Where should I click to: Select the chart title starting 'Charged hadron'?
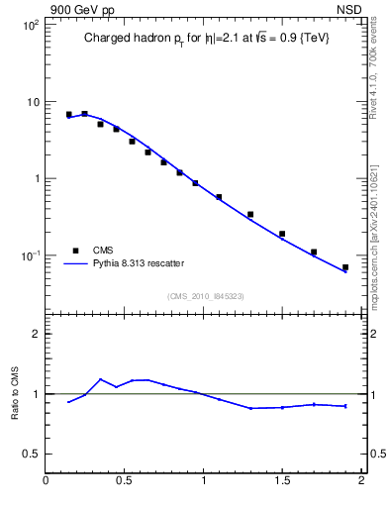206,39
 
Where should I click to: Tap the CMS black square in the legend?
75,251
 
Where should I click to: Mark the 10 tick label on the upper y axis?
32,102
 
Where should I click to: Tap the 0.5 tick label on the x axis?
125,481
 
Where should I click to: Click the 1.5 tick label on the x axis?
282,481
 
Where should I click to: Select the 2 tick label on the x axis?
361,481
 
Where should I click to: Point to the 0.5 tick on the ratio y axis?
32,454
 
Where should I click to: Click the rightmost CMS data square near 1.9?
345,267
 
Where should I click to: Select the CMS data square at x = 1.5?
282,235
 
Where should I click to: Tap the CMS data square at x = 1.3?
250,214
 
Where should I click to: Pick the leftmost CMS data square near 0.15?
69,115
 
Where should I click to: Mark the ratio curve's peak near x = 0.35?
101,379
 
